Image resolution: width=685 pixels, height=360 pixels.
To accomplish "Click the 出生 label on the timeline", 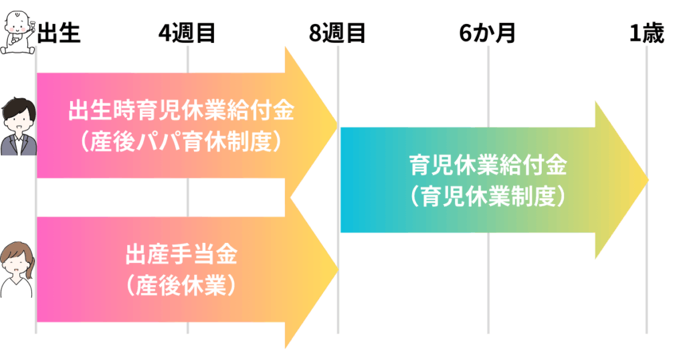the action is tap(59, 33).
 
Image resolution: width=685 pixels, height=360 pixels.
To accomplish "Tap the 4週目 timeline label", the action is tap(187, 33).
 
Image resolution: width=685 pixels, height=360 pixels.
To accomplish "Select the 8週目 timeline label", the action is tap(337, 33).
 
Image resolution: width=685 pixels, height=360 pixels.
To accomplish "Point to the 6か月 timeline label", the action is tap(488, 33).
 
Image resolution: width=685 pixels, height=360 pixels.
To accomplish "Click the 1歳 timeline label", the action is tap(647, 33).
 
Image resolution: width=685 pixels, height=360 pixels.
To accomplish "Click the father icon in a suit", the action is tap(18, 126).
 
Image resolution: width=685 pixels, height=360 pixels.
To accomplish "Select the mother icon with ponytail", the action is tap(17, 270).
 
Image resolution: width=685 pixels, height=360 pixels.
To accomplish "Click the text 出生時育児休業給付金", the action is tap(181, 110).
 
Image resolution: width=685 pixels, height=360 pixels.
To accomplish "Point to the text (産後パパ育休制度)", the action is tap(181, 142).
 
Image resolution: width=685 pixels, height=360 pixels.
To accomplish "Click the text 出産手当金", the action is tap(181, 254).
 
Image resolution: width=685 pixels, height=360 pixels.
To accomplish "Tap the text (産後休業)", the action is tap(181, 286).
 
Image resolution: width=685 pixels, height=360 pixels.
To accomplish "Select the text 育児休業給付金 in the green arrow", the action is tap(488, 165).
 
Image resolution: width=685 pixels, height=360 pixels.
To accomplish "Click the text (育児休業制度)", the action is tap(488, 197).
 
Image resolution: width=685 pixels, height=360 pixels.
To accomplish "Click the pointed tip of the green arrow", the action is tap(648, 179).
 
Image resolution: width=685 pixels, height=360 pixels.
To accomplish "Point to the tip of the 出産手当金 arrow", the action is tap(338, 269).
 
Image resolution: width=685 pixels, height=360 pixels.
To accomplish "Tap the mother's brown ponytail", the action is tap(30, 268).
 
